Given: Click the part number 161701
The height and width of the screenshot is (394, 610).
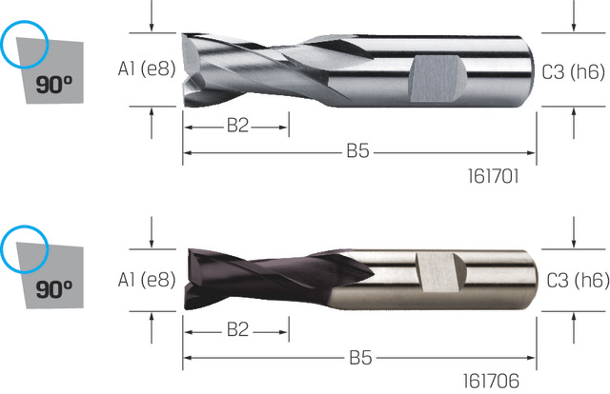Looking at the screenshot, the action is pos(493,176).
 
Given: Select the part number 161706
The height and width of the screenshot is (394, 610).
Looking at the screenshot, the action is pos(491,382).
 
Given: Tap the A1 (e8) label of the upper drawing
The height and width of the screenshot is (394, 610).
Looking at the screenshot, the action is pos(147,69).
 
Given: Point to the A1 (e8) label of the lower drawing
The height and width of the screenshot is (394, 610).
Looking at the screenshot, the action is pos(147,280).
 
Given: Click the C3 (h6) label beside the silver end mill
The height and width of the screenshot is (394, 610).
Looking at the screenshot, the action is pos(574,72).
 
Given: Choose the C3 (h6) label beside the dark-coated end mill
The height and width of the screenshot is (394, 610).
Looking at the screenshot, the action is pos(578,280).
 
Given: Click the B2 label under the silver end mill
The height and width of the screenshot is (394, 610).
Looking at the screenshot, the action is pos(237,126).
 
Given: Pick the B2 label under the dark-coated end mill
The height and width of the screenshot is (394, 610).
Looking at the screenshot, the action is pos(237,329).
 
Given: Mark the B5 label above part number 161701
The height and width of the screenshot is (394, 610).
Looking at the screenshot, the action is pos(357,150).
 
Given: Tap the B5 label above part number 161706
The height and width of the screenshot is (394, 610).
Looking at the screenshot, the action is pos(360,358).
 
